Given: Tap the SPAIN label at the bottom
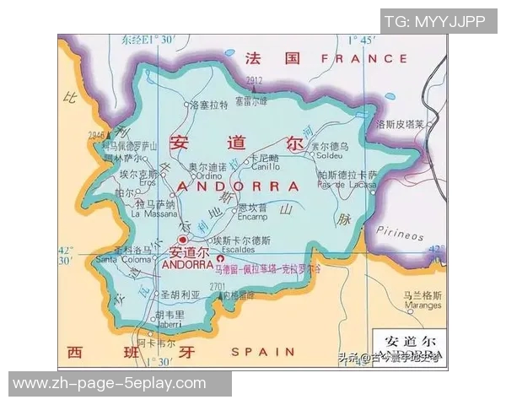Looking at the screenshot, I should [x=263, y=351].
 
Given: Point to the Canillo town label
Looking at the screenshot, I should [x=264, y=166].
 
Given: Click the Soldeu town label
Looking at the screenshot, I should [x=328, y=155].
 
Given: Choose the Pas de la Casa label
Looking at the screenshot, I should [x=347, y=184].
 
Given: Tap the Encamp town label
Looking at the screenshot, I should [x=252, y=216].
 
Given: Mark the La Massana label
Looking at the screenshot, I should [x=153, y=214].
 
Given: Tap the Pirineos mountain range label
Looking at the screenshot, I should [x=401, y=234].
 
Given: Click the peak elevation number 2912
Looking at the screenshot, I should [x=255, y=81].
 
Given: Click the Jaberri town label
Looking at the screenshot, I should [x=169, y=323].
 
